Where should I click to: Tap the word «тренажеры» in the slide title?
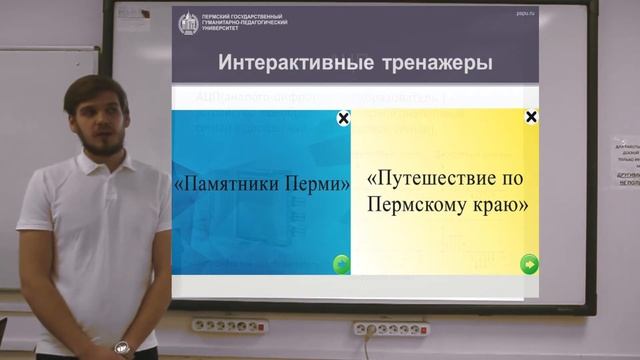coord(436,64)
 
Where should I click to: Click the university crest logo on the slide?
coord(188,22)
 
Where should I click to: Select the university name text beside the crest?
coord(229,22)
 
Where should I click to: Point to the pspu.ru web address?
coord(526,13)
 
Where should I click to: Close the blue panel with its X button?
coord(343,119)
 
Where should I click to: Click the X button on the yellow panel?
coord(531,117)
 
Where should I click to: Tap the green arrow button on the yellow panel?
coord(529,264)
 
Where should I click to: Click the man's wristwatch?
coord(122,347)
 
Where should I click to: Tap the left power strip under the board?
coord(230,326)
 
